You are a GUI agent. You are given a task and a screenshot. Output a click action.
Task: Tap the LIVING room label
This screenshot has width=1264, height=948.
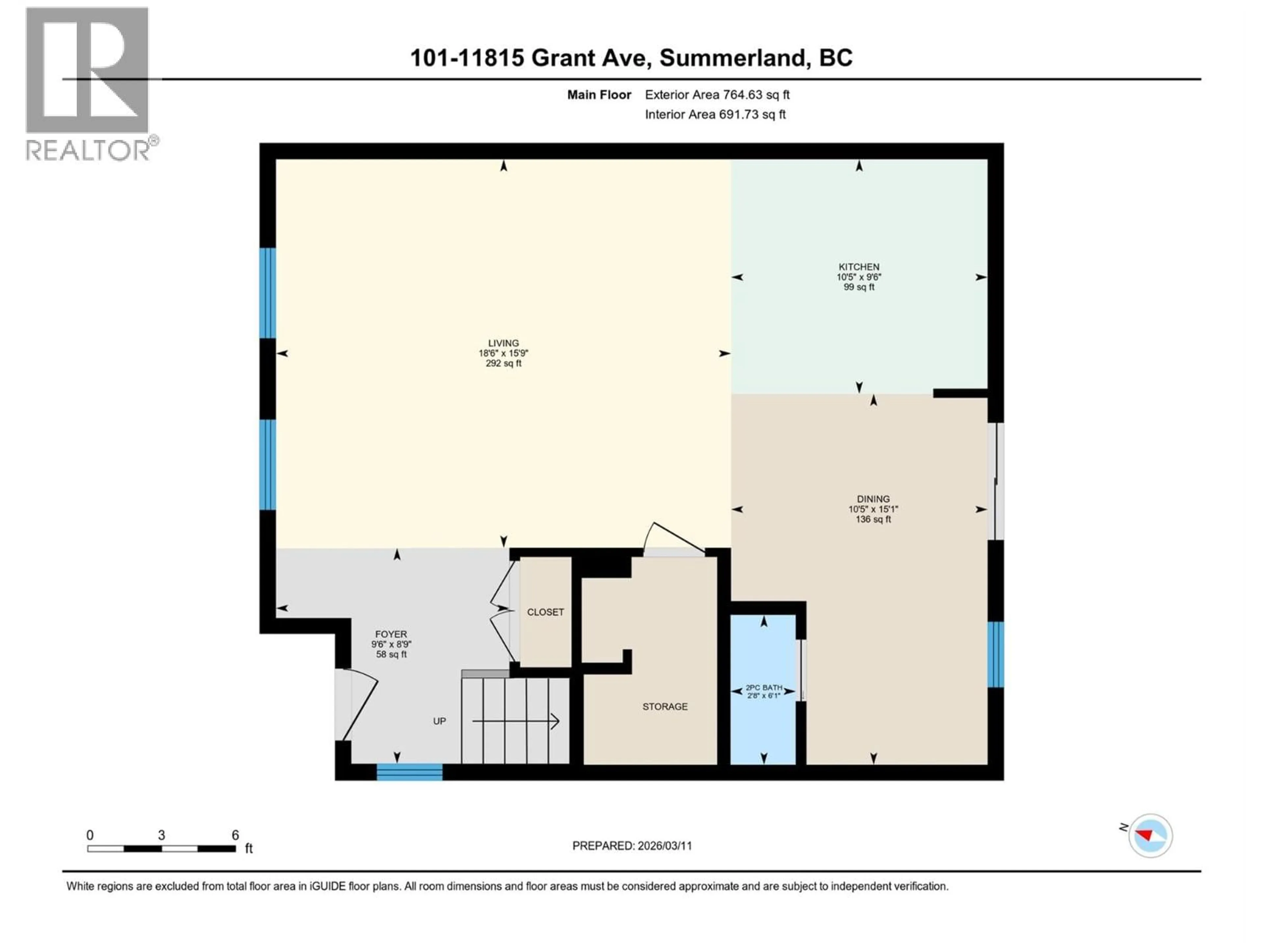[503, 343]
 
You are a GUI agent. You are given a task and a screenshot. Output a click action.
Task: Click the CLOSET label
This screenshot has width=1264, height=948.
[545, 612]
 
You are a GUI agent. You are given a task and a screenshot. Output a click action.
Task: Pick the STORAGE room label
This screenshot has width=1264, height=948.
[665, 707]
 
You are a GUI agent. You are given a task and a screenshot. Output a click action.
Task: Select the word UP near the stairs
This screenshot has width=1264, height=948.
[439, 721]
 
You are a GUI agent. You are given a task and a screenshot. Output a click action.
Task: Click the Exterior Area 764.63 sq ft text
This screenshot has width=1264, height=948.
[717, 95]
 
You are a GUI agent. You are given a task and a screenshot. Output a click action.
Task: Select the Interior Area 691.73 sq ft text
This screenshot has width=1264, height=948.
[715, 114]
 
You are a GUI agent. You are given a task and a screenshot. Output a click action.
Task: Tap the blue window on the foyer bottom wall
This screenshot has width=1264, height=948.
[409, 773]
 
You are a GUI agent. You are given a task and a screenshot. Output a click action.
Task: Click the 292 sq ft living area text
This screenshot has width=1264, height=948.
[503, 363]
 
